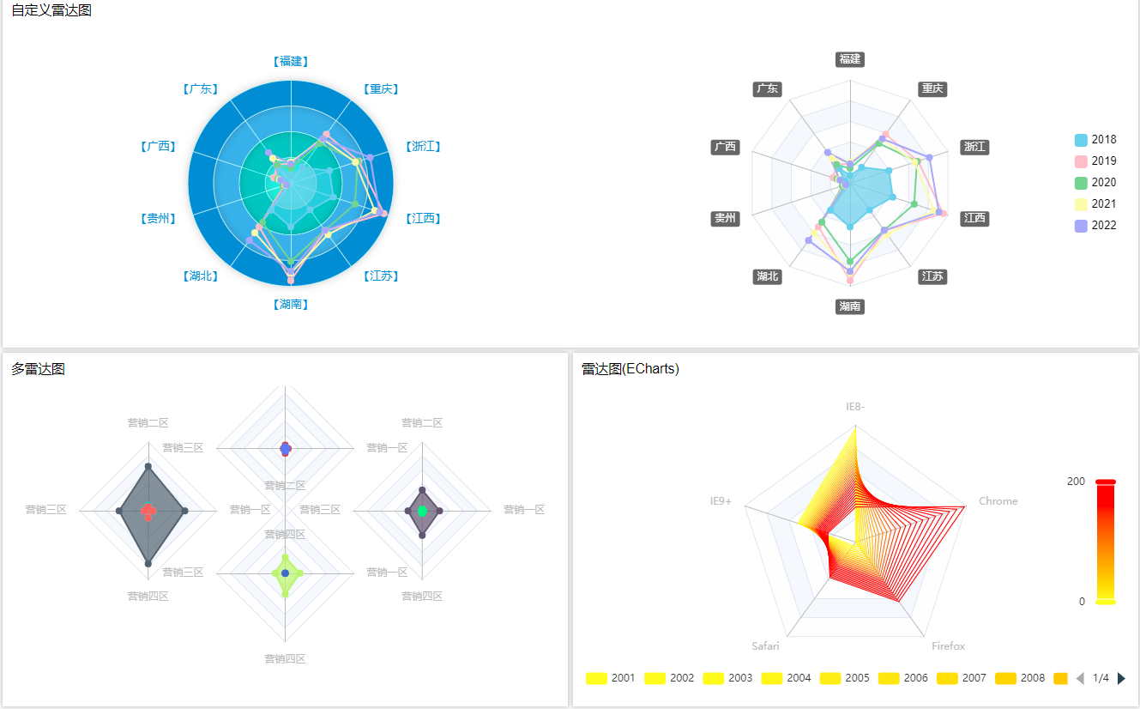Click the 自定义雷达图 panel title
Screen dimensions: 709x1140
pyautogui.click(x=51, y=10)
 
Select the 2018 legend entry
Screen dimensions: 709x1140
pyautogui.click(x=1095, y=140)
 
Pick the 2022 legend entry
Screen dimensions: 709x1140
pyautogui.click(x=1095, y=226)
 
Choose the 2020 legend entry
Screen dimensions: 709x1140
pyautogui.click(x=1095, y=183)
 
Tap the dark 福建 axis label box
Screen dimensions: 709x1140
pyautogui.click(x=850, y=59)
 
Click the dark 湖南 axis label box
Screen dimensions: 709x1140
pyautogui.click(x=850, y=306)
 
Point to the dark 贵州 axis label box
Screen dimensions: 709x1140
pyautogui.click(x=725, y=218)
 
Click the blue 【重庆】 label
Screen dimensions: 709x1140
pyautogui.click(x=381, y=89)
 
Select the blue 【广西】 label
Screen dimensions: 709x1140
pyautogui.click(x=158, y=147)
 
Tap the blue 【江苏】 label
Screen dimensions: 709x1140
pyautogui.click(x=381, y=276)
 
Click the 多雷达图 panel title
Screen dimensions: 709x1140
pyautogui.click(x=38, y=369)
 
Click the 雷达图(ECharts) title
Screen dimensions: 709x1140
pyautogui.click(x=630, y=369)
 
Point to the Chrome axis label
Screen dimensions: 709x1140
pyautogui.click(x=998, y=501)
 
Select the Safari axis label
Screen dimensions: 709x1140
pyautogui.click(x=765, y=646)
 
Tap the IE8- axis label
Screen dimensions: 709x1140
pyautogui.click(x=855, y=406)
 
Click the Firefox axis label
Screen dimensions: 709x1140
pyautogui.click(x=949, y=646)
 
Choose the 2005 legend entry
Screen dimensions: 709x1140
pyautogui.click(x=846, y=678)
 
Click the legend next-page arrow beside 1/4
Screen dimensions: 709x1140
pyautogui.click(x=1121, y=678)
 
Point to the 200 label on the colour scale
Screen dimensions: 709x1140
pyautogui.click(x=1076, y=482)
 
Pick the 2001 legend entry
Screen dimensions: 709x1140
pyautogui.click(x=612, y=678)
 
